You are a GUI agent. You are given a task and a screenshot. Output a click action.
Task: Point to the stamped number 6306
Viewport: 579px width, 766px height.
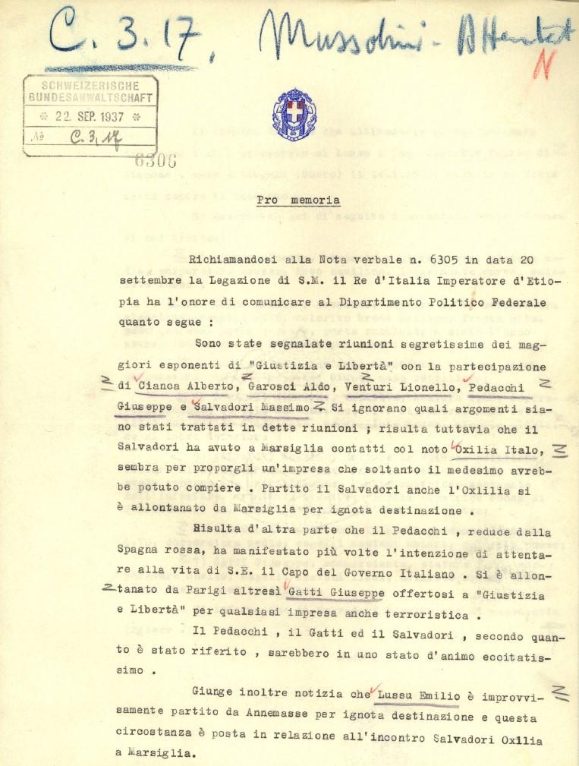coord(155,160)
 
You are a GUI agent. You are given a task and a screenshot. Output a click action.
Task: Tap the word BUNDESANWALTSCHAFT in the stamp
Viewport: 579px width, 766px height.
coord(91,97)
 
